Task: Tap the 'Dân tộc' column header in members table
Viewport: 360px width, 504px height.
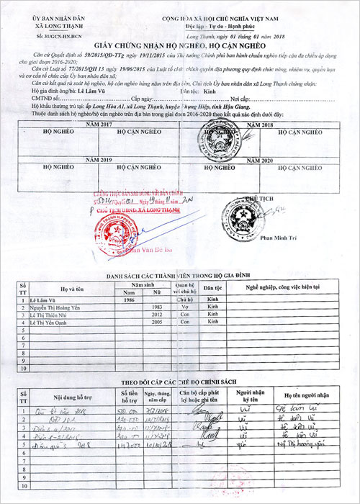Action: pyautogui.click(x=212, y=288)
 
